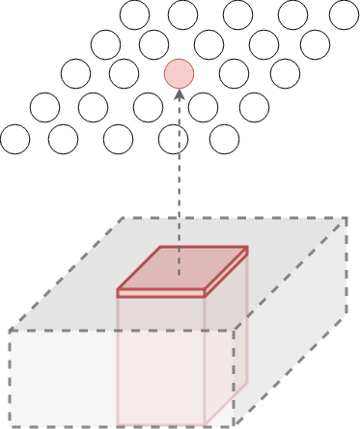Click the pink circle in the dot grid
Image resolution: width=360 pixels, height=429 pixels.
[x=179, y=73]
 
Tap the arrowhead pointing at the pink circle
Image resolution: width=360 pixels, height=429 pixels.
[x=179, y=94]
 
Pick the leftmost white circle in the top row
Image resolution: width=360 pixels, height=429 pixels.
[x=134, y=14]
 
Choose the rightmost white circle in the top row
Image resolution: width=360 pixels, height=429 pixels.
[x=344, y=14]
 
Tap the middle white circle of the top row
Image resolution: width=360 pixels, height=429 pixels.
[x=237, y=14]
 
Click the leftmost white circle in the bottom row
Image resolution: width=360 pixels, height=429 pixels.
[x=14, y=139]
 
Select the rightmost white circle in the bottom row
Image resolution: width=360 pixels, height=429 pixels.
[x=224, y=139]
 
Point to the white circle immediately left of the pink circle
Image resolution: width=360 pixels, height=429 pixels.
[x=124, y=73]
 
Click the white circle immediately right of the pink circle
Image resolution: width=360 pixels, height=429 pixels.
[x=234, y=73]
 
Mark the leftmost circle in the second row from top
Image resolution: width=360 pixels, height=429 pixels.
[x=105, y=44]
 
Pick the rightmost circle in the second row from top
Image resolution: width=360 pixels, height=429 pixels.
[x=315, y=44]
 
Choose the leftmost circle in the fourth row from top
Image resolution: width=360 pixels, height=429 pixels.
[x=44, y=106]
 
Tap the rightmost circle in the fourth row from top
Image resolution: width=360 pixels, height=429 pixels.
[x=254, y=106]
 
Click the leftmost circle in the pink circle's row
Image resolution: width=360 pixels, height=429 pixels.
[x=75, y=73]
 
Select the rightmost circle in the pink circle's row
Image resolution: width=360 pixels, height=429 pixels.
[x=285, y=73]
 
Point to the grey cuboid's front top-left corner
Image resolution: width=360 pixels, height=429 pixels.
[x=10, y=332]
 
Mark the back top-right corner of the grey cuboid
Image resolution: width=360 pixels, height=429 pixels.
[x=346, y=218]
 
